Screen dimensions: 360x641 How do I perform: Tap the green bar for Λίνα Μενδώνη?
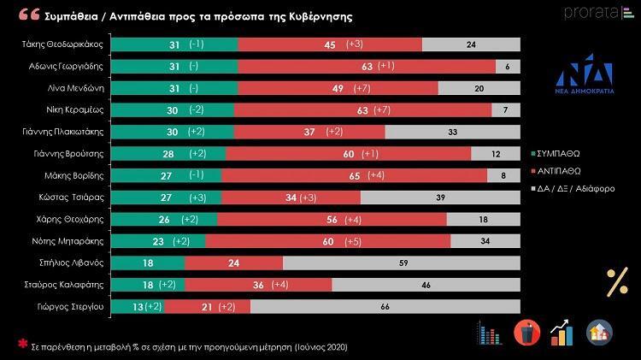tap(174, 88)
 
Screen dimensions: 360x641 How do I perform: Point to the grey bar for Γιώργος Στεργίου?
tap(385, 306)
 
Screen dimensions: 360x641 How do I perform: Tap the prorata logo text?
tap(590, 12)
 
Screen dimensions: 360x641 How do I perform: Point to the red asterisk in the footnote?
tap(23, 345)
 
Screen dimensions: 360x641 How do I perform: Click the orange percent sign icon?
tap(616, 283)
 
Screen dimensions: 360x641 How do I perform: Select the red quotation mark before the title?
tap(28, 15)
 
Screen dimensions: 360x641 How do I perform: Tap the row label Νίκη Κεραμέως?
tap(75, 109)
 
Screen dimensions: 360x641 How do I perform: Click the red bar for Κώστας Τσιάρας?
tap(291, 197)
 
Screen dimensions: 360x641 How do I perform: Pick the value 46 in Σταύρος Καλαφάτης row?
tap(425, 284)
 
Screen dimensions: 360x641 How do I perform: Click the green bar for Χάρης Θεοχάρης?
tap(164, 219)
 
